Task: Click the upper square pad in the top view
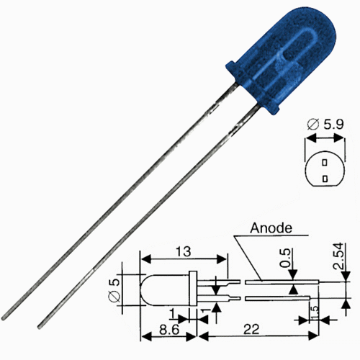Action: point(326,163)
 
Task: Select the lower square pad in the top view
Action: point(326,176)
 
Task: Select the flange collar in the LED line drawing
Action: point(192,287)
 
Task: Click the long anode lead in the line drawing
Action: point(277,283)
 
